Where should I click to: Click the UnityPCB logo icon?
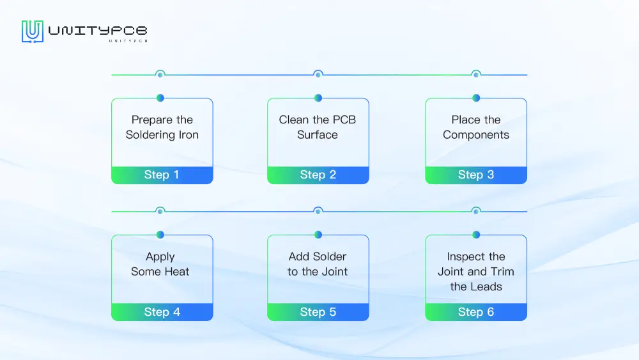click(x=32, y=31)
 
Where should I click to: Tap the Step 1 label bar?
click(x=162, y=175)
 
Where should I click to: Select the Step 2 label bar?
click(x=318, y=175)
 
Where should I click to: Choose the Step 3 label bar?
click(x=476, y=175)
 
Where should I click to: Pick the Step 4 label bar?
click(x=162, y=312)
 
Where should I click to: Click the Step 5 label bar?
click(x=318, y=312)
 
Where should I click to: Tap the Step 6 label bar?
click(x=476, y=312)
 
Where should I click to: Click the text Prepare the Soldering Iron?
click(x=162, y=127)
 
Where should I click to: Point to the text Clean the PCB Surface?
click(x=318, y=127)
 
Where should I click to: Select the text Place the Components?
click(x=476, y=127)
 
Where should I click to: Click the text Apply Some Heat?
click(x=160, y=264)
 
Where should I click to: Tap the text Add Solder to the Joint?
click(x=318, y=264)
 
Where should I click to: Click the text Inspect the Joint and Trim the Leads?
click(x=476, y=272)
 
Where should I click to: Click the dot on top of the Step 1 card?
click(x=160, y=98)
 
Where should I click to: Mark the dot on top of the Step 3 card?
click(x=476, y=98)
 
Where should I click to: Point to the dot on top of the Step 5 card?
click(x=318, y=235)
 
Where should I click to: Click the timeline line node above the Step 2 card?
click(x=318, y=75)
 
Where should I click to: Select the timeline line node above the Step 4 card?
click(x=160, y=211)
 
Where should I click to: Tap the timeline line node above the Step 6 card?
click(x=476, y=211)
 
